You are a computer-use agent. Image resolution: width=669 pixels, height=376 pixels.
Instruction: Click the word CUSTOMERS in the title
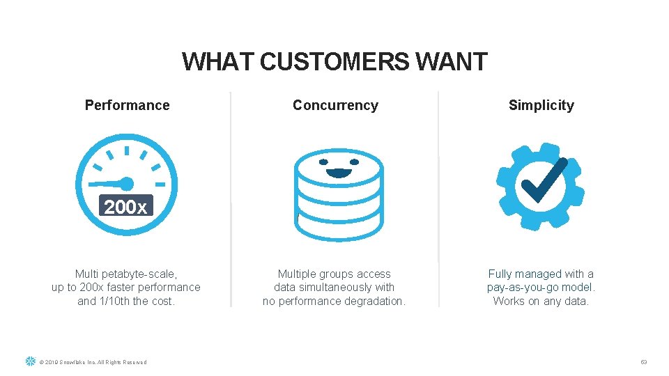[x=334, y=62]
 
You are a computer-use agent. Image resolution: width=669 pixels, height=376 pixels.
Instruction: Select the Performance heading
[x=127, y=105]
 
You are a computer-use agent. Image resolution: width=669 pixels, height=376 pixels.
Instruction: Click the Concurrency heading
[x=335, y=105]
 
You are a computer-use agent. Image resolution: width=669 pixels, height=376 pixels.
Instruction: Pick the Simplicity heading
[x=541, y=105]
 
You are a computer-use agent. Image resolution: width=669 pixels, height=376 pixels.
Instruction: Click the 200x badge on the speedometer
[x=126, y=207]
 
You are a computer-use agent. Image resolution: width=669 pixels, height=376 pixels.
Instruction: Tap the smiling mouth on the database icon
[x=339, y=172]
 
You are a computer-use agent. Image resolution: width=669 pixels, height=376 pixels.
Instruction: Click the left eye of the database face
[x=323, y=162]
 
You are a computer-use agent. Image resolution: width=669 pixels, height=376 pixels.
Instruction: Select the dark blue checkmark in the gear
[x=544, y=180]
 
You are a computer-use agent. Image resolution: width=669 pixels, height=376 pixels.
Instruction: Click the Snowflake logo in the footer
[x=30, y=361]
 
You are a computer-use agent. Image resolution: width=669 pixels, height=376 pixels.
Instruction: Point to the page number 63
[x=644, y=362]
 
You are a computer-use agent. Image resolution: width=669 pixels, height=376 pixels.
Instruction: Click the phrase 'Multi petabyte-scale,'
[x=126, y=274]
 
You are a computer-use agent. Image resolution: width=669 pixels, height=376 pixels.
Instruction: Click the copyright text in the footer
[x=93, y=362]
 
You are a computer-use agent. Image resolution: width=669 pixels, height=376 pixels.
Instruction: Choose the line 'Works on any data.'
[x=541, y=301]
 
